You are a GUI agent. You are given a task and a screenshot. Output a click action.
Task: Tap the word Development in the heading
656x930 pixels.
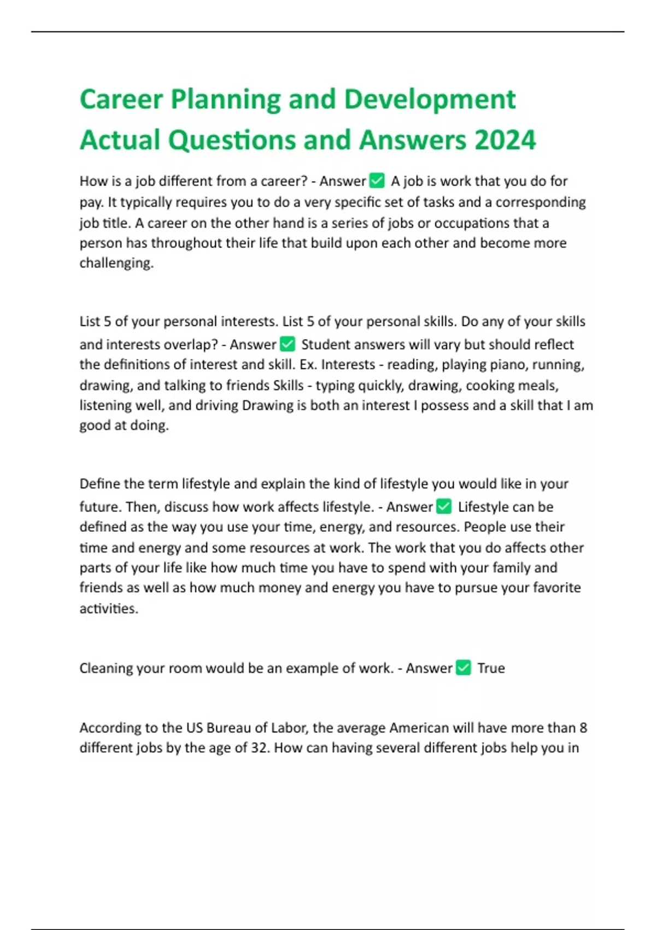(430, 100)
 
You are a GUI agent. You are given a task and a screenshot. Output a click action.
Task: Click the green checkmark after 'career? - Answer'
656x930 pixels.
(377, 180)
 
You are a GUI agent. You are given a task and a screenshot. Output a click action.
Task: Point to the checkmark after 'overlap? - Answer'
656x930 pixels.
(288, 344)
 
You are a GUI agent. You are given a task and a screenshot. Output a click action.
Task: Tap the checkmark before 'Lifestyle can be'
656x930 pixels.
(444, 506)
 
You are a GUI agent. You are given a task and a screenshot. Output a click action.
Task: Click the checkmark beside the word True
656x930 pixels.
(463, 667)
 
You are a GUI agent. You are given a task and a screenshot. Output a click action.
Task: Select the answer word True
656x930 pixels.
(491, 668)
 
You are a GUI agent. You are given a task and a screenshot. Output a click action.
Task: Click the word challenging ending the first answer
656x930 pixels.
(116, 263)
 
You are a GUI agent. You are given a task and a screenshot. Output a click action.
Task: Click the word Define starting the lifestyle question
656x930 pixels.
(100, 484)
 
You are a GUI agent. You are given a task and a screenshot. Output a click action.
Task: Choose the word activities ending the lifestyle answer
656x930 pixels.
(108, 608)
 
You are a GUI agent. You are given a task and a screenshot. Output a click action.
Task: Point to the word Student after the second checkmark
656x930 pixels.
(325, 344)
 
